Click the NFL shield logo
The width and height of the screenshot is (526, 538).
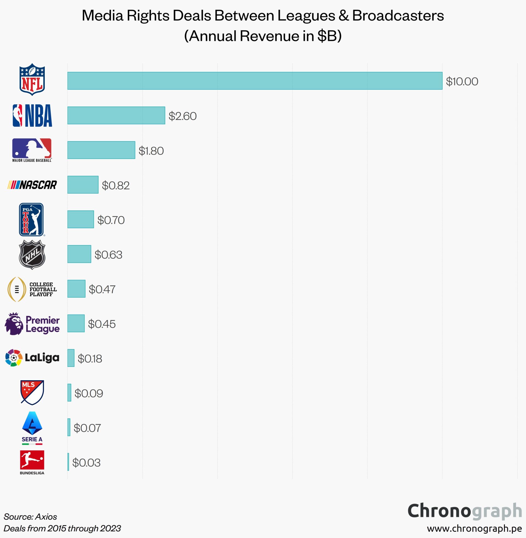(x=32, y=80)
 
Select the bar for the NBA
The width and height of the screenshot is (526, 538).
(x=116, y=115)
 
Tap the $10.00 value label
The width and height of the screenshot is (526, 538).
(x=462, y=81)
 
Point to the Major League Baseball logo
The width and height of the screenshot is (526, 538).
(x=32, y=150)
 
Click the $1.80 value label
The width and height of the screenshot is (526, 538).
(x=151, y=151)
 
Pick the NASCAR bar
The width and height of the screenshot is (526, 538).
(x=83, y=185)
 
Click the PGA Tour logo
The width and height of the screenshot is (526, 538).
(x=31, y=220)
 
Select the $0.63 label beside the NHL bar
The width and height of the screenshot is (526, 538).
(x=108, y=255)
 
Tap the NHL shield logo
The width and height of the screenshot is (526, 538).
(x=32, y=255)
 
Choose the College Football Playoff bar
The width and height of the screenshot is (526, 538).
(x=76, y=289)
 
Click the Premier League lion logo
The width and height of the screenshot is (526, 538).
(x=14, y=324)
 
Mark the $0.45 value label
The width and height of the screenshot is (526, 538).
(x=101, y=324)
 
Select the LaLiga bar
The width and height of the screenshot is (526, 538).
(x=71, y=358)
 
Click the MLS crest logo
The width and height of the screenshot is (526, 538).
(x=32, y=392)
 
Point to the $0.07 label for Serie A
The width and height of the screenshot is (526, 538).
(x=87, y=428)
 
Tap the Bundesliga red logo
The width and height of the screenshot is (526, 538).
(x=32, y=460)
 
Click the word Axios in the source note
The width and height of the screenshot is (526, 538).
(x=46, y=517)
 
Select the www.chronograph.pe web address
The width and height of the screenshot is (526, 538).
(x=474, y=528)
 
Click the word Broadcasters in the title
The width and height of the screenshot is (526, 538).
(x=398, y=15)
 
